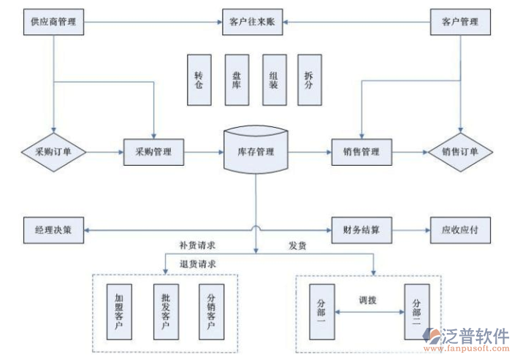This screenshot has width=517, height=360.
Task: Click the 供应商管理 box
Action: click(53, 23)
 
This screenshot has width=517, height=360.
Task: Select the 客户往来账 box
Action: click(253, 23)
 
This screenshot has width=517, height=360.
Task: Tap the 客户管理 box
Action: click(460, 23)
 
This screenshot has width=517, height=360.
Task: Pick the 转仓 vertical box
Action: click(199, 80)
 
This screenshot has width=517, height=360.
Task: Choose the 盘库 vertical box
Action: click(237, 80)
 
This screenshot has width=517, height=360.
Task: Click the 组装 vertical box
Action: click(274, 80)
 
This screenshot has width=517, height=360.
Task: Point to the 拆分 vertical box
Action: click(310, 80)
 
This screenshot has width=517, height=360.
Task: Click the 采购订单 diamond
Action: click(53, 152)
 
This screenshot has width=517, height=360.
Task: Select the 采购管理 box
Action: click(153, 152)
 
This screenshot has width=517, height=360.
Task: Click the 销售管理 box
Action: click(361, 152)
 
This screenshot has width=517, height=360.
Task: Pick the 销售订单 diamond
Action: click(460, 152)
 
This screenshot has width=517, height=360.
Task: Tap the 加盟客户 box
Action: click(119, 311)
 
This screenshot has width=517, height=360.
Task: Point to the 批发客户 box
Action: click(166, 311)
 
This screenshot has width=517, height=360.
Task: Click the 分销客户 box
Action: click(212, 311)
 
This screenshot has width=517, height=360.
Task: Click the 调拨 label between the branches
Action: click(367, 300)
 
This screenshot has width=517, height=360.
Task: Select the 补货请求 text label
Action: click(196, 245)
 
